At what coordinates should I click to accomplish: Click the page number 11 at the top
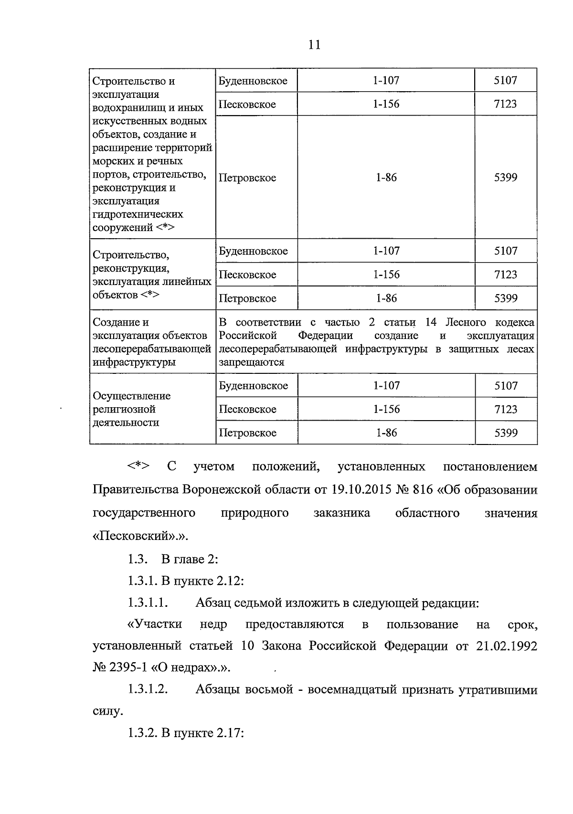314,45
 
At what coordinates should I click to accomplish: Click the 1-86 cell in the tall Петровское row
386,178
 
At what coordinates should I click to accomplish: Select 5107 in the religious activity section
506,386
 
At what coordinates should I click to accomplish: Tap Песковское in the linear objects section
247,275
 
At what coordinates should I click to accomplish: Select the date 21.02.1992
507,646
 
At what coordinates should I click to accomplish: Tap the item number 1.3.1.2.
148,690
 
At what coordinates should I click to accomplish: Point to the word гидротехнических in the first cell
138,214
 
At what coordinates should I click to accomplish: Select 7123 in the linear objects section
506,275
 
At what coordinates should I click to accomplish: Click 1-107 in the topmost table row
386,81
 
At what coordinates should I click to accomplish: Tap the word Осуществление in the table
131,396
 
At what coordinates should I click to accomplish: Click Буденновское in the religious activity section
253,386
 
